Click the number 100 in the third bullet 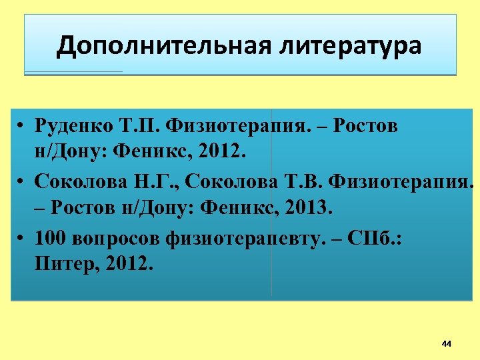pyautogui.click(x=49, y=237)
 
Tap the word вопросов pyautogui.click(x=110, y=237)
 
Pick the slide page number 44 pyautogui.click(x=446, y=344)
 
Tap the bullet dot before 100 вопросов pyautogui.click(x=22, y=237)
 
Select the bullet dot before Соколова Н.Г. pyautogui.click(x=22, y=181)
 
